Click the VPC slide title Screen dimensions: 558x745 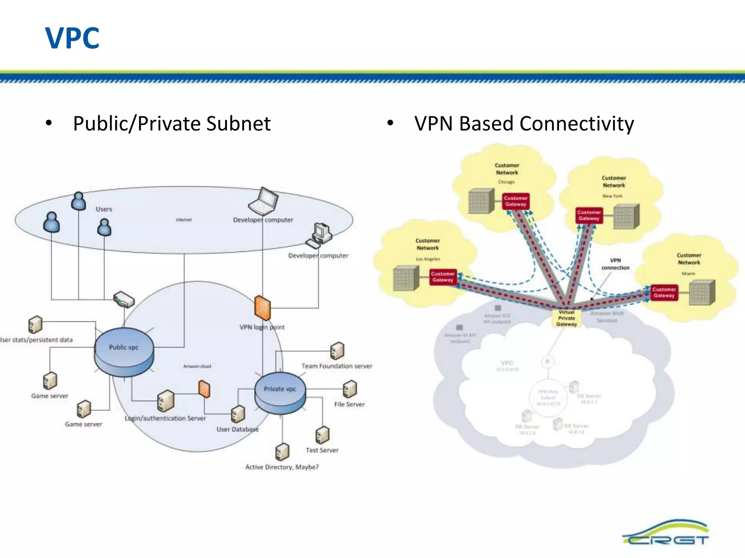[72, 38]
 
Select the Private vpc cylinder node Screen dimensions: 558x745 [280, 393]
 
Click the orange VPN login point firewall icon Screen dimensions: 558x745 [262, 308]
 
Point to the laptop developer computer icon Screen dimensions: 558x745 [263, 202]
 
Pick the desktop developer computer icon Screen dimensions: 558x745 [319, 235]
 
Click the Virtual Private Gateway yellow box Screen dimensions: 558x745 [566, 318]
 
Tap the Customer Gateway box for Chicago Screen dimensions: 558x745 [515, 201]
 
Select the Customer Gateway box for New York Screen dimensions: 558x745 [589, 215]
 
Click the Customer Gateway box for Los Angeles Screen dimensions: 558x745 [443, 277]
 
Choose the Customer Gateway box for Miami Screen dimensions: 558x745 [664, 292]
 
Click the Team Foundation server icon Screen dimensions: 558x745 [337, 351]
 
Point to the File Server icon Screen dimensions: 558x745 [350, 389]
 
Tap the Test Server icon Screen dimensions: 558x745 [322, 434]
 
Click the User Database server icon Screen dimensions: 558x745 [238, 414]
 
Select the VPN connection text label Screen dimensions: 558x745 [615, 264]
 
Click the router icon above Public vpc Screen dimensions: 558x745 [124, 299]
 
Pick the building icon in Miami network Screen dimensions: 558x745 [702, 292]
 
